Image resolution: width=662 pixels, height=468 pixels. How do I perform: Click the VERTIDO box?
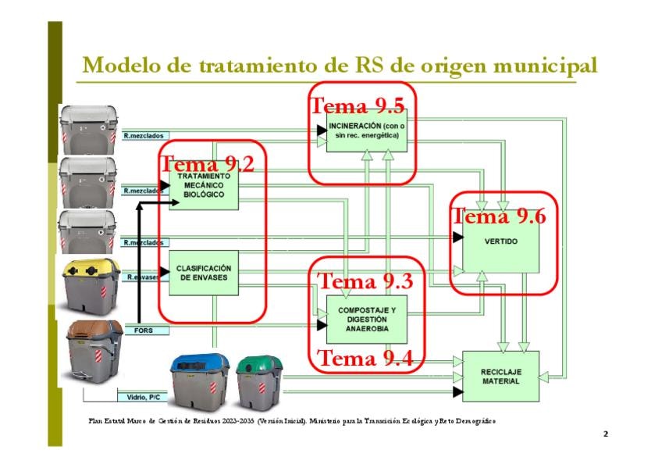[500, 242]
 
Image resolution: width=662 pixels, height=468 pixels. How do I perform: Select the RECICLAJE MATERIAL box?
[500, 376]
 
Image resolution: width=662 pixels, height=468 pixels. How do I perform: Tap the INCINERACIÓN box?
[366, 130]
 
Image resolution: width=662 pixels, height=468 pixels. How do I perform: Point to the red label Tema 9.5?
[358, 105]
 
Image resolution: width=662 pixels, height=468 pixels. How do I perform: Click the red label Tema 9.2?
[207, 163]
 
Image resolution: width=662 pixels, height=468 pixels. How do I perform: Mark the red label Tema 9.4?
[366, 359]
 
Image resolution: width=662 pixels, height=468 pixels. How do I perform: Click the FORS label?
[144, 330]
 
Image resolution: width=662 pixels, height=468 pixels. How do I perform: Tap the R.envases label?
[142, 277]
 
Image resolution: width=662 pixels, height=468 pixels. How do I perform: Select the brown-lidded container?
[94, 349]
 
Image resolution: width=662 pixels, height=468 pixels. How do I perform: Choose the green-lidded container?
[259, 382]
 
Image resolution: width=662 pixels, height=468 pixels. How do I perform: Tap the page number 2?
[605, 433]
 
